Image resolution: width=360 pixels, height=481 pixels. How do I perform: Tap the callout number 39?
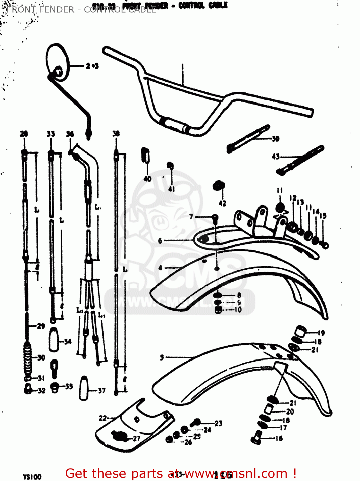275,139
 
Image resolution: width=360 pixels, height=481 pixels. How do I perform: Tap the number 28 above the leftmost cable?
24,134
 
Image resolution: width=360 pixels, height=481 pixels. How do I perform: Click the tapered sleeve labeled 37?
84,388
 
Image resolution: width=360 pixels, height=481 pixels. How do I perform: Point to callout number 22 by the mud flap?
102,418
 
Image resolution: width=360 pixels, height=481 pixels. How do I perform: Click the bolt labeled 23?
196,423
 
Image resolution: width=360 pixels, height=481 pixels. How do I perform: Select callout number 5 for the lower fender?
162,357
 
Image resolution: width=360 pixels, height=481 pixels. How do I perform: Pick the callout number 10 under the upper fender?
238,309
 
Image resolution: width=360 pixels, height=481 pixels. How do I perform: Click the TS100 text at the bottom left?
32,477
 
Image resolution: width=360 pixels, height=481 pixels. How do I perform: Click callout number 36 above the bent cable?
70,134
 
